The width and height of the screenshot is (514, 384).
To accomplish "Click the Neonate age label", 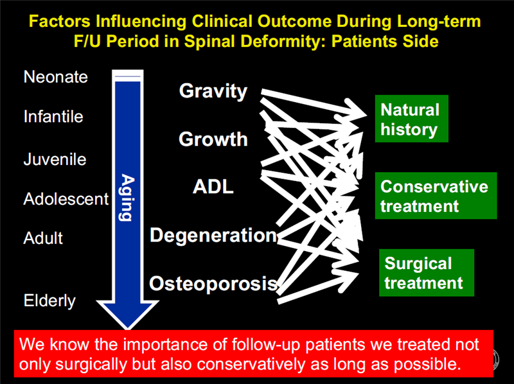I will click(55, 77).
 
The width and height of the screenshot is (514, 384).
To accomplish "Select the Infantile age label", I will click(53, 118).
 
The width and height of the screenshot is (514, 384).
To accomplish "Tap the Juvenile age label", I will click(55, 159).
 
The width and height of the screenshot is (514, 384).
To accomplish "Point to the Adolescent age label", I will click(66, 199).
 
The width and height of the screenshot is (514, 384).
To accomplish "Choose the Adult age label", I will click(43, 238).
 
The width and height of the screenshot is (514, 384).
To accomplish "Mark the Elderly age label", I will click(49, 301).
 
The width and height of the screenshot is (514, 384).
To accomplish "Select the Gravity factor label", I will click(213, 91).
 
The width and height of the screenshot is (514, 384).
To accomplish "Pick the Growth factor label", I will click(213, 139).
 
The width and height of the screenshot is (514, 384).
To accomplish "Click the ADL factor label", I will click(213, 187).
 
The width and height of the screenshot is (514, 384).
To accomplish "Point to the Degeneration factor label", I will click(213, 235).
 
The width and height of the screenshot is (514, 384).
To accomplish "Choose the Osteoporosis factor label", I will click(213, 283).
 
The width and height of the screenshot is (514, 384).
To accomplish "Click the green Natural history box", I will click(411, 119).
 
